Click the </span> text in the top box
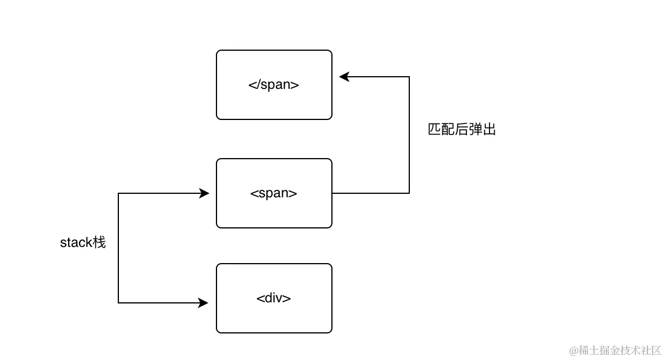tap(274, 85)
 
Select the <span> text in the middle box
tap(274, 193)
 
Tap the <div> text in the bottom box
tap(274, 298)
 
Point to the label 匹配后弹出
tap(462, 130)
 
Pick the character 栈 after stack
tap(99, 242)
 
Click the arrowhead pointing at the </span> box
tap(343, 77)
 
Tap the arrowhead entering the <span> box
tap(204, 193)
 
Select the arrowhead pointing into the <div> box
tap(204, 302)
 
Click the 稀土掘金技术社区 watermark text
tap(620, 350)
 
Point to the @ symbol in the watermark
tap(574, 351)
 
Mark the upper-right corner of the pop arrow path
tap(409, 77)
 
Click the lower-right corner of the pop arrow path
tap(409, 193)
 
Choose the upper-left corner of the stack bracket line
tap(118, 193)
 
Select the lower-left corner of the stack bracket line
tap(118, 302)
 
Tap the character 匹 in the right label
tap(434, 130)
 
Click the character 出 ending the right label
tap(490, 130)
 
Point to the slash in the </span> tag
tap(257, 85)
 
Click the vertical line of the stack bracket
tap(118, 271)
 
